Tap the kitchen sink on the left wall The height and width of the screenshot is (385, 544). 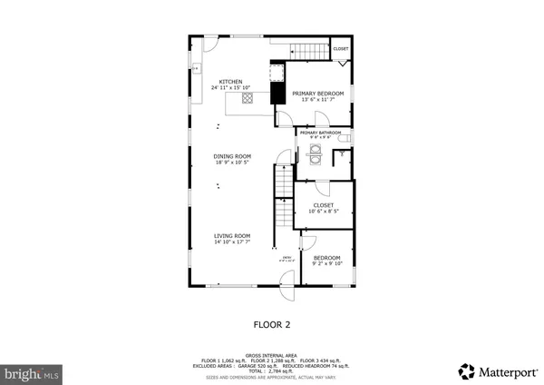(x=195, y=67)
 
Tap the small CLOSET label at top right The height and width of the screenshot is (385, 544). (x=341, y=48)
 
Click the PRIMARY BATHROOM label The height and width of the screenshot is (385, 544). (x=321, y=133)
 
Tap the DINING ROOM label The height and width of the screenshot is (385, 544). (x=231, y=157)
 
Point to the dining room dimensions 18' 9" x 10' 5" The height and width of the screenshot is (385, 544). (x=231, y=163)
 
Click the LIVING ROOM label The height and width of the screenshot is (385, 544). (x=232, y=236)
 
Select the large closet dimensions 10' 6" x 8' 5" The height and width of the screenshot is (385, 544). (x=323, y=212)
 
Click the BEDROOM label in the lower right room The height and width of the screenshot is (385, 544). (x=326, y=257)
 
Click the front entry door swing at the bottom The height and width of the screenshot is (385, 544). (x=286, y=293)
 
